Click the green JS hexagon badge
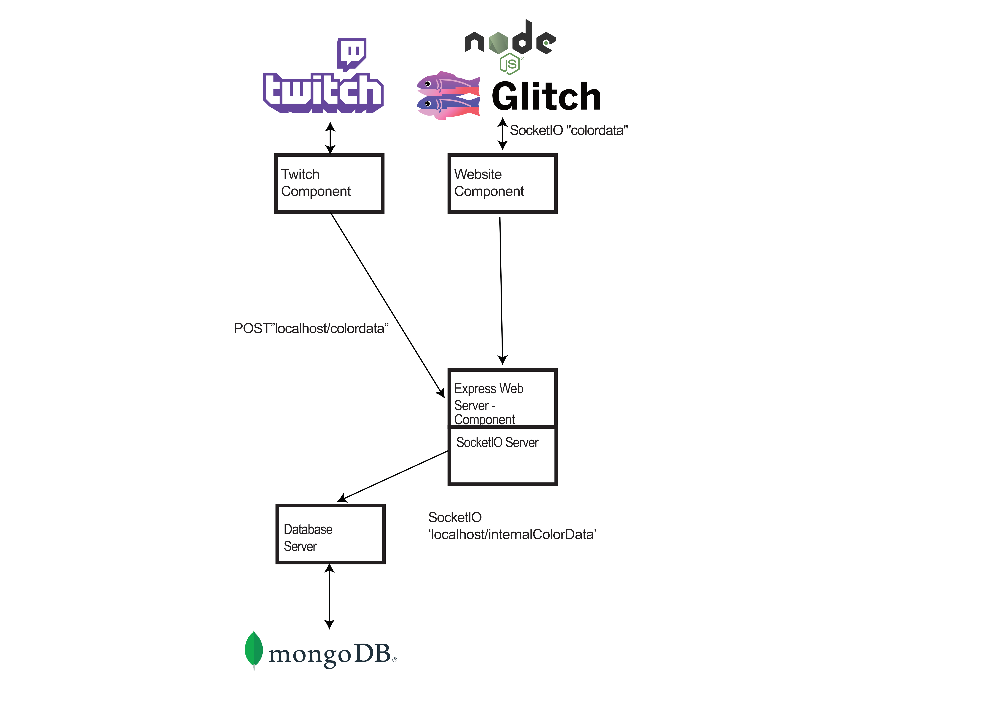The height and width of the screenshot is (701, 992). tap(510, 64)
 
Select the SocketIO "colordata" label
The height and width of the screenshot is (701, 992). tap(569, 130)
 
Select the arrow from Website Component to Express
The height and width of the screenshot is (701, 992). tap(501, 289)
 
